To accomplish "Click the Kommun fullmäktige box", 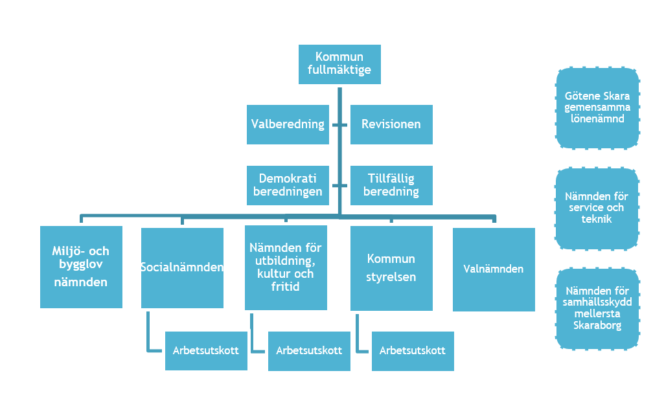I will tap(339, 64).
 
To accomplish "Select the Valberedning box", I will tap(288, 124).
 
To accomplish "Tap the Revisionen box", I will tap(391, 124).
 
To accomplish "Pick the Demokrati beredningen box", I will tap(288, 185).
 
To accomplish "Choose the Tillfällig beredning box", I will tap(391, 185).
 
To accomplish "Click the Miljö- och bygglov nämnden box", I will tap(81, 267).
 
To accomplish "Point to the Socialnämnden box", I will tap(182, 267).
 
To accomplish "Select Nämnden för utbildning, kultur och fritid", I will tap(286, 267).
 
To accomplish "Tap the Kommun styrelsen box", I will tap(391, 268).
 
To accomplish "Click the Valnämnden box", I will tap(494, 269).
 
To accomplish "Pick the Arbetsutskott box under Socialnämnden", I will tap(206, 350).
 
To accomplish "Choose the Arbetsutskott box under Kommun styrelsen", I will tap(413, 350).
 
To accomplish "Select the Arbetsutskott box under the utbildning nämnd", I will tap(309, 350).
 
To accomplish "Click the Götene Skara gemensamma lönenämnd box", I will tap(597, 107).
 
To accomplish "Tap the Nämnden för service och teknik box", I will tap(597, 209).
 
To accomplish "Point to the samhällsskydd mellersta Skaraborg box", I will tap(597, 309).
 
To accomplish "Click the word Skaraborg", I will tap(597, 326).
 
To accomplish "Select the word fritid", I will tap(286, 286).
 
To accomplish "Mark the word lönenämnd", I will tap(597, 119).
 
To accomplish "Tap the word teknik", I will tap(597, 220).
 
